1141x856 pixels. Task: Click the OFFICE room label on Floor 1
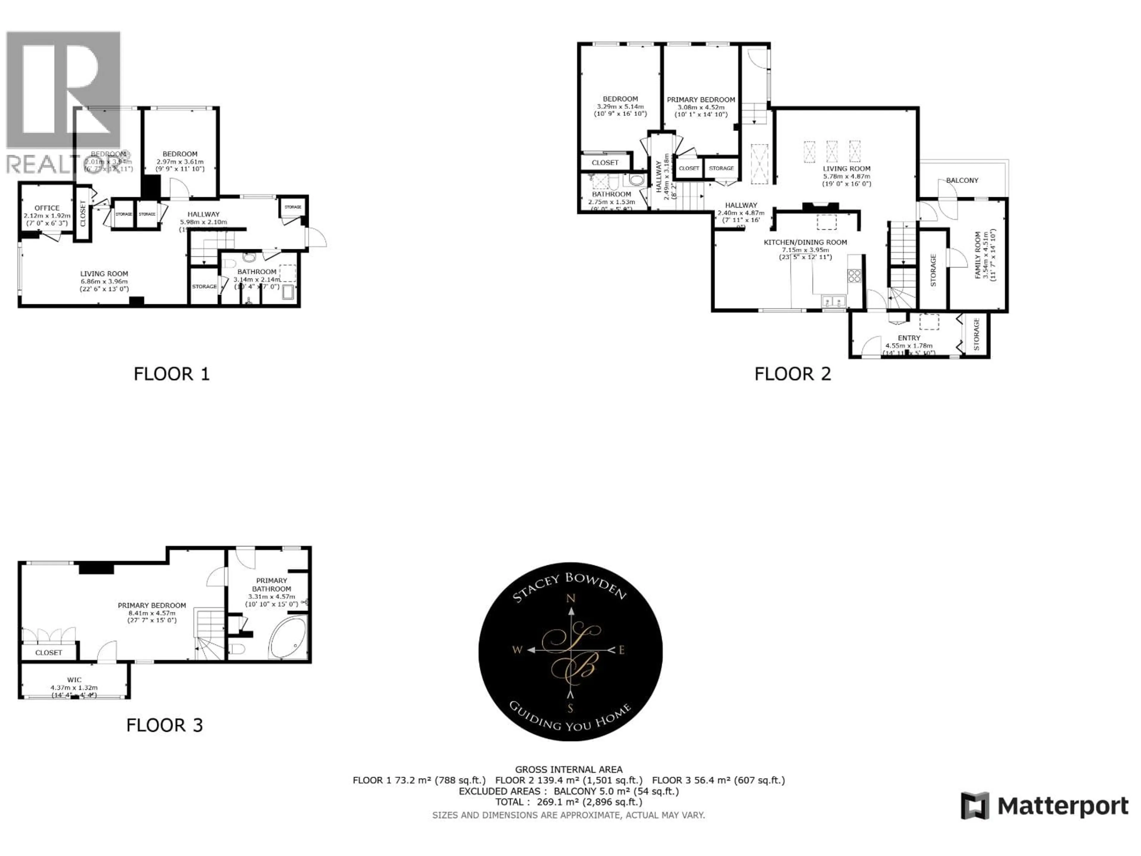[x=47, y=208]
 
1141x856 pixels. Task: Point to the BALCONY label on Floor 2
[x=962, y=180]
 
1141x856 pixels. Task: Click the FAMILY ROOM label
[x=978, y=255]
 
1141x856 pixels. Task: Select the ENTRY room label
[x=909, y=338]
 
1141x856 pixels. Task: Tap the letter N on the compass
[x=571, y=599]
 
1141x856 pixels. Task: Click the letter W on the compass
[x=517, y=650]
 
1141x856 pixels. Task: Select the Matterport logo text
[x=1063, y=806]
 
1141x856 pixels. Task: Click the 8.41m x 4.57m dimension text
[x=152, y=613]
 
